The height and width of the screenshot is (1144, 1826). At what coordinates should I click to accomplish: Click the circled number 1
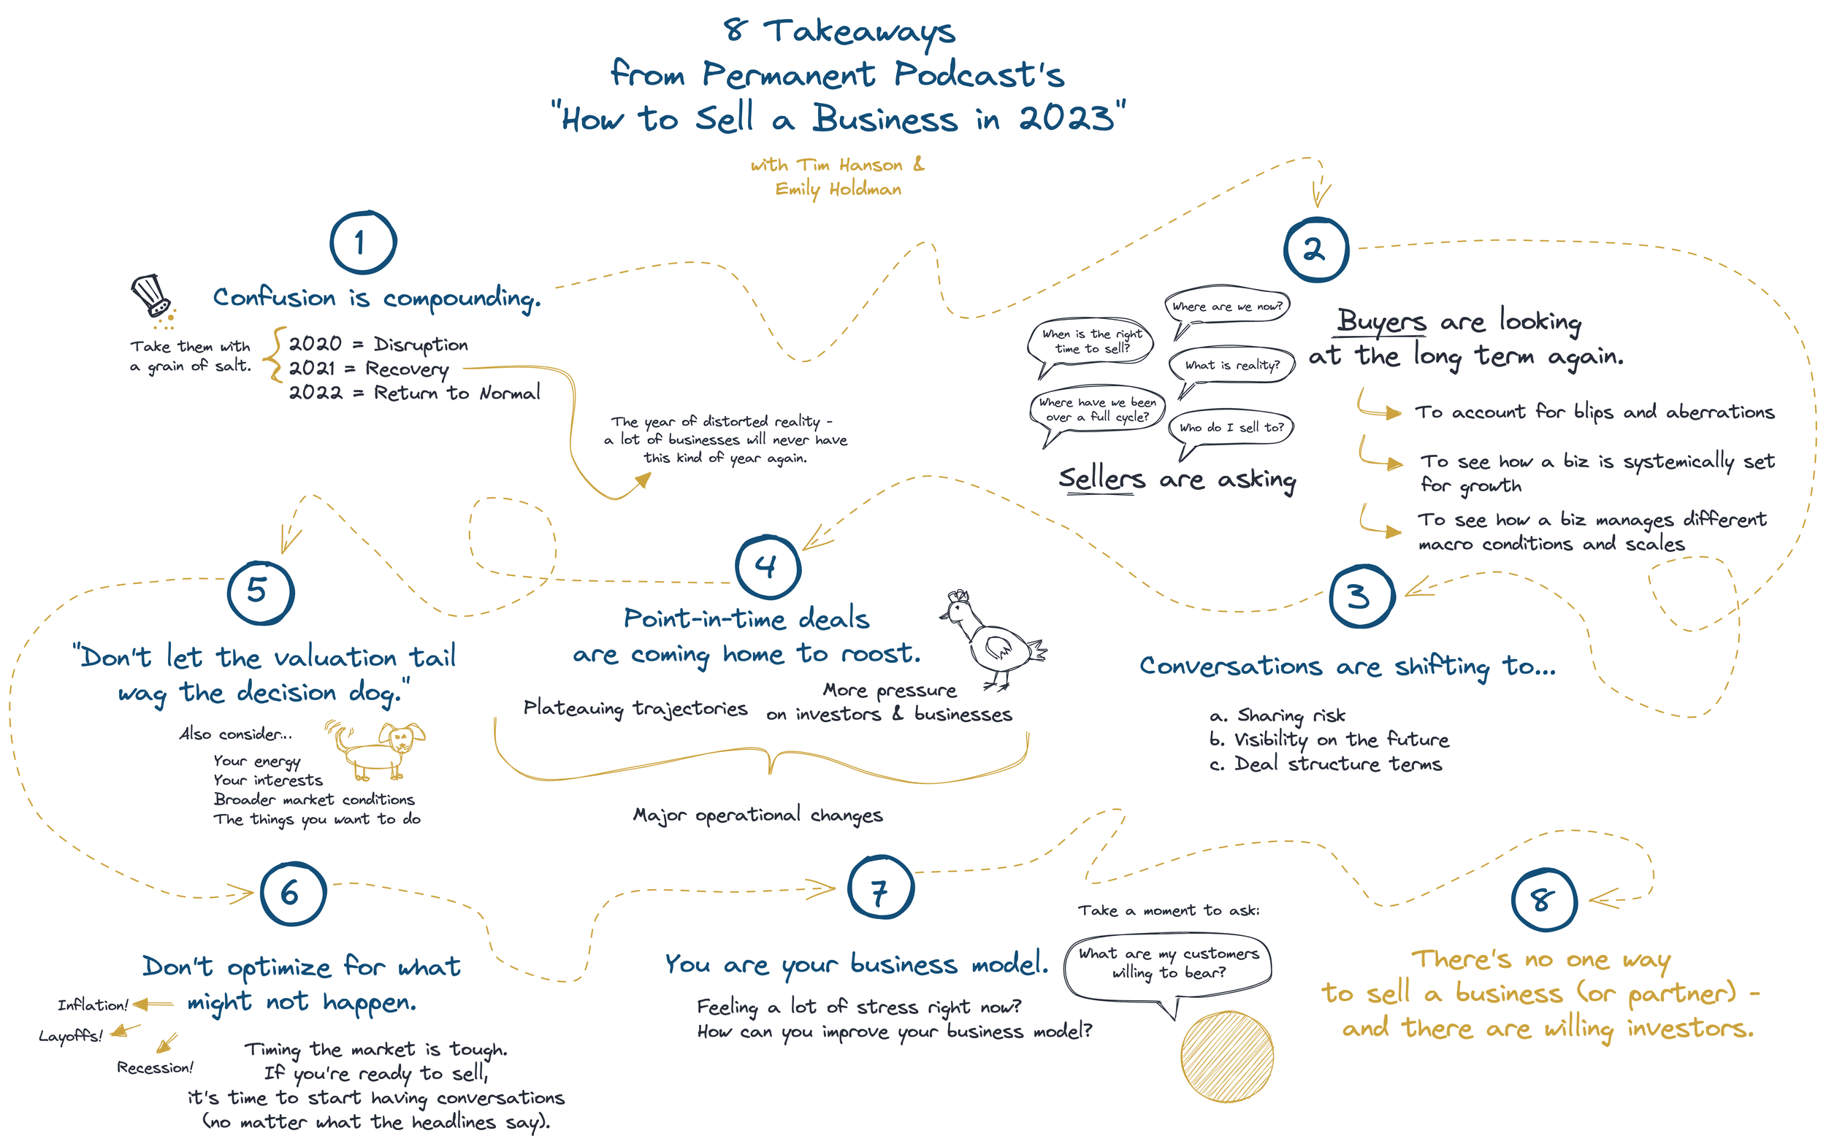(x=362, y=242)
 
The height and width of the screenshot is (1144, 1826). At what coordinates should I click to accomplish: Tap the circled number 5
(x=260, y=592)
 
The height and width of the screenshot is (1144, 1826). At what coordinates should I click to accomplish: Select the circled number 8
(x=1544, y=899)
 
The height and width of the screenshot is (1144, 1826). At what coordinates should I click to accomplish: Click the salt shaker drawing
(x=153, y=299)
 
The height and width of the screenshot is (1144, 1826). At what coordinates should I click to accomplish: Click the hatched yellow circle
(x=1226, y=1057)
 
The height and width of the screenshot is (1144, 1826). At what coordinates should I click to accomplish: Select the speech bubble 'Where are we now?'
(x=1226, y=307)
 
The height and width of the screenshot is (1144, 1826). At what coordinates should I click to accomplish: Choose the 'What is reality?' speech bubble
(x=1231, y=366)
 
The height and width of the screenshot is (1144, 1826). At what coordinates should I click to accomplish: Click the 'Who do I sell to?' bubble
(x=1231, y=428)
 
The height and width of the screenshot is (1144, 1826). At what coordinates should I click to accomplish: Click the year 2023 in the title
(x=1067, y=118)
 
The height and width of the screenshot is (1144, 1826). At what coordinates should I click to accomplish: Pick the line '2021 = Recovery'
(x=368, y=369)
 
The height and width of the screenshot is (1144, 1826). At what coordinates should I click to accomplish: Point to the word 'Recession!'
(x=155, y=1067)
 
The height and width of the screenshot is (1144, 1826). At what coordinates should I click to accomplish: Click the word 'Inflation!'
(x=93, y=1005)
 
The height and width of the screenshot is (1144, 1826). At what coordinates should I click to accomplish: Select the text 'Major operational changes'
(x=757, y=815)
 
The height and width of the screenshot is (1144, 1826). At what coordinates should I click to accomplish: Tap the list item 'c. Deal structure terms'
(x=1325, y=764)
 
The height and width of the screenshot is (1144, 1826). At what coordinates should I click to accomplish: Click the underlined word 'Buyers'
(x=1381, y=320)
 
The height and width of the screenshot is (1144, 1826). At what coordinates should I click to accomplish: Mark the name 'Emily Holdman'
(x=838, y=189)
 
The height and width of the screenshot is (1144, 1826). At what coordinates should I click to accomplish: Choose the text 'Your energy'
(x=256, y=761)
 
